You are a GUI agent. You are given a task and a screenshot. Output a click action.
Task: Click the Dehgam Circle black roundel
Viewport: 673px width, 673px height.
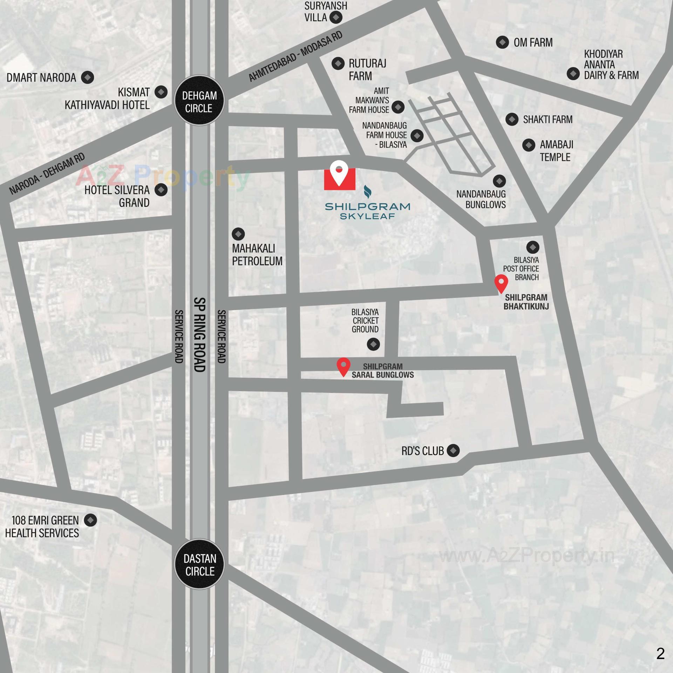(x=199, y=101)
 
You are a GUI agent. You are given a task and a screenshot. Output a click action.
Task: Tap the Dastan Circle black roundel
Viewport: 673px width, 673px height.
(x=199, y=564)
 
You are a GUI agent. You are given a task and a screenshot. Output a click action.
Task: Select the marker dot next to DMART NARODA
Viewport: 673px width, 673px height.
(x=88, y=77)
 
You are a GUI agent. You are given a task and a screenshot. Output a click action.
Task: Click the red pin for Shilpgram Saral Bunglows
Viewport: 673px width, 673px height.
(x=344, y=367)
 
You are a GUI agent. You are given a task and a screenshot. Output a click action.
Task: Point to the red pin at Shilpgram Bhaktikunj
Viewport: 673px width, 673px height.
(x=501, y=284)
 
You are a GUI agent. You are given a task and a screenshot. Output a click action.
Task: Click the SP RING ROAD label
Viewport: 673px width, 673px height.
(x=199, y=335)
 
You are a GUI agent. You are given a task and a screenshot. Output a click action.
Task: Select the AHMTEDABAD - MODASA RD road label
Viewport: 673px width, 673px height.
(x=295, y=56)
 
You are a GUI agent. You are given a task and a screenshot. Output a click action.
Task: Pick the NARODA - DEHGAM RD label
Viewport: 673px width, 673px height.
(x=47, y=174)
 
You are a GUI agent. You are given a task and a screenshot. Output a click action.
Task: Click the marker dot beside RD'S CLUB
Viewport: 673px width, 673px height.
(x=453, y=450)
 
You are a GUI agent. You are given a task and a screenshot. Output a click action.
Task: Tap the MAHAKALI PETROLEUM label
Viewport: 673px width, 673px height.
(x=257, y=255)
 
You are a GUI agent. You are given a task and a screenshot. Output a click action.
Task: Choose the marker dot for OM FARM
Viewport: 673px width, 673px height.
(x=502, y=42)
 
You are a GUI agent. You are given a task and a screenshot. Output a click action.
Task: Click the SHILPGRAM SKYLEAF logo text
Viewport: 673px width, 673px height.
(x=367, y=211)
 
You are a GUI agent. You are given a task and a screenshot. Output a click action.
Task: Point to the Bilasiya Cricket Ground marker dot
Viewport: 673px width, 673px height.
(x=373, y=344)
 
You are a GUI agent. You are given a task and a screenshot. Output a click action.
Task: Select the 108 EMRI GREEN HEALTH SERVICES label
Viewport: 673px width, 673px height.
(x=42, y=526)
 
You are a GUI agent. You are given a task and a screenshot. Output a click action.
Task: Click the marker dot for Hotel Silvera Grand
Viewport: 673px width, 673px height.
(x=161, y=190)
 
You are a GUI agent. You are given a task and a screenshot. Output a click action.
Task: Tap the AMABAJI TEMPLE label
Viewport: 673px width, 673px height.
(x=556, y=151)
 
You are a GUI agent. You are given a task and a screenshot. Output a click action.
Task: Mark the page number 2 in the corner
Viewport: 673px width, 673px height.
(x=660, y=653)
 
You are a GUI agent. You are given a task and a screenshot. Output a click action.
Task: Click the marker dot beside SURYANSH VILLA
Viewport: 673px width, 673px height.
(x=336, y=17)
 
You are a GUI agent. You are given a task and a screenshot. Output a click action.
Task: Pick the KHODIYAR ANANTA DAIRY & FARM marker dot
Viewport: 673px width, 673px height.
(x=573, y=74)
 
